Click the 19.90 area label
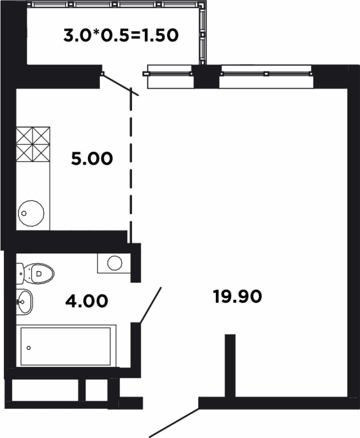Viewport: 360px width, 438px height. (238, 296)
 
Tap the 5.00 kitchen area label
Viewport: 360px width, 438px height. (92, 158)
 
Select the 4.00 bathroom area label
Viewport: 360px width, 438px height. (87, 301)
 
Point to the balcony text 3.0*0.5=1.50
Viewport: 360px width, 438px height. (121, 36)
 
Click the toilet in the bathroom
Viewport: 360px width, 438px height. (35, 273)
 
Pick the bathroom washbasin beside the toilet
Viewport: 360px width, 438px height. (24, 302)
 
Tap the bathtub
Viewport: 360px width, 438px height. (66, 346)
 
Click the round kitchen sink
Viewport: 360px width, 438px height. (31, 213)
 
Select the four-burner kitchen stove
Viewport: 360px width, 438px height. (33, 144)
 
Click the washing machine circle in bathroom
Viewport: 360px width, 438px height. (115, 263)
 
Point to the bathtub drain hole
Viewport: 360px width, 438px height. (28, 348)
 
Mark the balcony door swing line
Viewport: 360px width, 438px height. (120, 84)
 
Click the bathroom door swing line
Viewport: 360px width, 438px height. (151, 306)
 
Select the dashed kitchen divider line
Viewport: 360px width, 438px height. (130, 165)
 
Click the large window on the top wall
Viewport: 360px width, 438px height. (266, 77)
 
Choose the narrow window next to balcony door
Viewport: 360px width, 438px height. (169, 77)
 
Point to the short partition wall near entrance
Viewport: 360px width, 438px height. (230, 365)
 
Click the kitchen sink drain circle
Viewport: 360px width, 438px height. (24, 213)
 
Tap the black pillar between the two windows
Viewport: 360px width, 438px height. (207, 77)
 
